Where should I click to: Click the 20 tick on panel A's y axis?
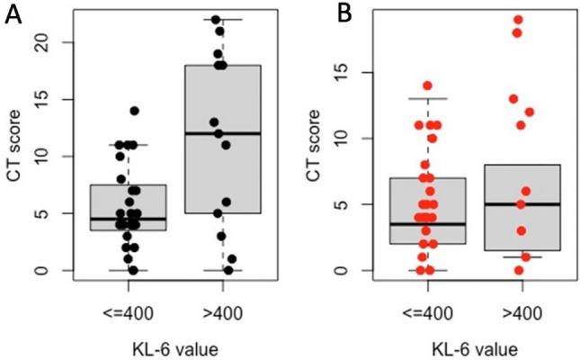tap(50, 42)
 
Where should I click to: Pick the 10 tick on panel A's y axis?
tap(50, 157)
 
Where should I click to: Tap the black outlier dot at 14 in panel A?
tap(134, 111)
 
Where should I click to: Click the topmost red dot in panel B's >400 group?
tap(517, 20)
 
